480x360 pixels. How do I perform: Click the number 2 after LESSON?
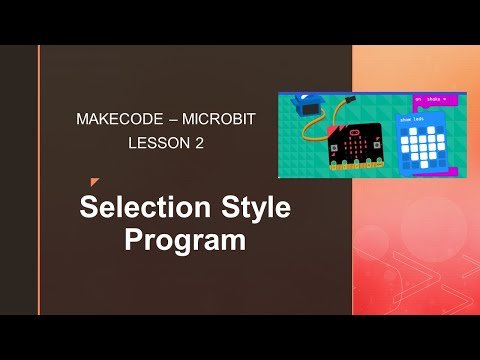pyautogui.click(x=199, y=143)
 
